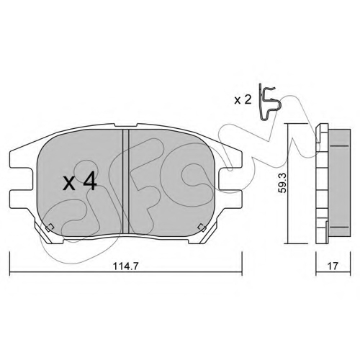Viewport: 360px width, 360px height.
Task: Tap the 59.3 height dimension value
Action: [x=283, y=184]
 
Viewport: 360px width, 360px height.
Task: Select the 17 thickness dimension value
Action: [x=333, y=266]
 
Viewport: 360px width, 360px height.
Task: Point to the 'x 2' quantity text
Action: [x=243, y=100]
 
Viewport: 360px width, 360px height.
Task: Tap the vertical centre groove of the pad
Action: [x=126, y=181]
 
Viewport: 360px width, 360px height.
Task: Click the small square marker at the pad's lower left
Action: [x=49, y=227]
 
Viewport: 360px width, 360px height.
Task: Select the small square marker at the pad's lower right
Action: [x=201, y=228]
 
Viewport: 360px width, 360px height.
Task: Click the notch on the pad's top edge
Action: [x=126, y=125]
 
